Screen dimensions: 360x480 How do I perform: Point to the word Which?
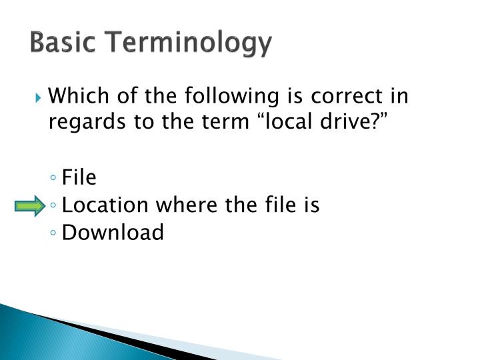point(74,97)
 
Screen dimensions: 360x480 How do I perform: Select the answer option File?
point(79,177)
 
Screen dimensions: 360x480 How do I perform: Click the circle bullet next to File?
point(53,179)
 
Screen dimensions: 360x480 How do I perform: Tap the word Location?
point(105,205)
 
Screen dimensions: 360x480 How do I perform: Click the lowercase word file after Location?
point(277,205)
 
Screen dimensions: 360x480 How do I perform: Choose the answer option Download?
point(112,233)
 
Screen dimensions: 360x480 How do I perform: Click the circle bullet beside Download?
point(53,234)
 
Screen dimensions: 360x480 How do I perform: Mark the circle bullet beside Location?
point(53,207)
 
